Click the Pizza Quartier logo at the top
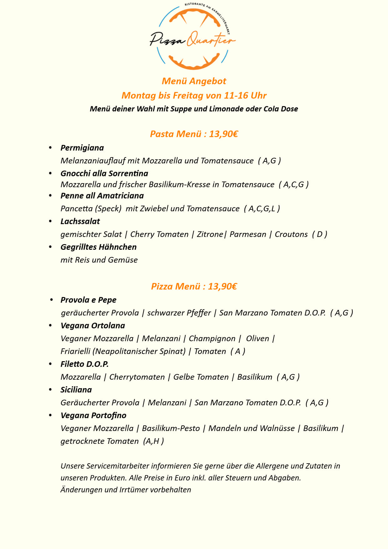tap(193, 37)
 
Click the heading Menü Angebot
tap(194, 81)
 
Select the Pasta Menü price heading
tap(194, 134)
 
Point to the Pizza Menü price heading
tap(194, 286)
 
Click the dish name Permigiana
tap(82, 148)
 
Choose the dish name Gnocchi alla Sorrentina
tap(104, 173)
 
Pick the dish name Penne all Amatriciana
tap(102, 196)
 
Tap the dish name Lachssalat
tap(80, 221)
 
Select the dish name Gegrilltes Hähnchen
tap(99, 247)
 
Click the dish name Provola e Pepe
tap(88, 300)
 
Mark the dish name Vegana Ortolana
tap(93, 326)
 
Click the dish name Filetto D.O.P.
tap(84, 364)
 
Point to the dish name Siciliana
tap(76, 390)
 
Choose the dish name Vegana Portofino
tap(93, 415)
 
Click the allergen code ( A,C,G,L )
tap(262, 208)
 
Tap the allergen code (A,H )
tap(153, 441)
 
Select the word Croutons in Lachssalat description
tap(291, 234)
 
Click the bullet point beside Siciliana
tap(50, 389)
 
